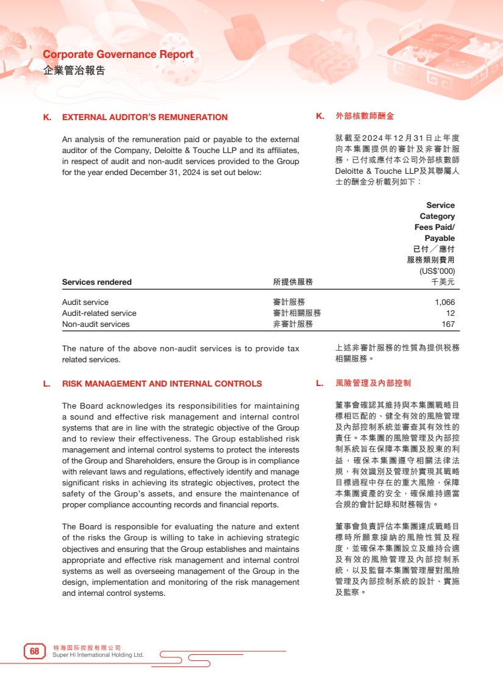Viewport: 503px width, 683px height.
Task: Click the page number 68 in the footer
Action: pos(34,651)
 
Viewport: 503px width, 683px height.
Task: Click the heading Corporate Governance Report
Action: pos(118,54)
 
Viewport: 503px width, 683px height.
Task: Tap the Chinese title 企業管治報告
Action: pos(74,70)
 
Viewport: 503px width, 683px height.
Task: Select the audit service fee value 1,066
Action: pos(444,302)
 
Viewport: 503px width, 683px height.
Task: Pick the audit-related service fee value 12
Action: pos(451,313)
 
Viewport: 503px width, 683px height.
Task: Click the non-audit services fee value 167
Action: pos(448,324)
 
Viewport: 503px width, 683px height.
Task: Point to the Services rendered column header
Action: pos(97,282)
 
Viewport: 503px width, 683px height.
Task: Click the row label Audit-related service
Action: pos(99,313)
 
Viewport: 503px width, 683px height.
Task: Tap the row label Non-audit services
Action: pos(96,324)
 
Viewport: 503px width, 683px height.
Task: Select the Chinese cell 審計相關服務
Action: pos(297,313)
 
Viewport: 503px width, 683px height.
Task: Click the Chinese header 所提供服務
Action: pos(293,282)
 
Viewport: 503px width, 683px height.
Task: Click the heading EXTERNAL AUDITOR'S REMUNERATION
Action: pos(144,118)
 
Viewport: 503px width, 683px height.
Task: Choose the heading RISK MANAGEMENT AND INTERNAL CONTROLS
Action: pos(162,384)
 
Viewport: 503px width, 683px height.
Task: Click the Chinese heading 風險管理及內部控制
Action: pos(373,384)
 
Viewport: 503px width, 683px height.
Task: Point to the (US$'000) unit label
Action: pos(437,271)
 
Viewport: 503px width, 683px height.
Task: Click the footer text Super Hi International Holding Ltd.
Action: pos(98,655)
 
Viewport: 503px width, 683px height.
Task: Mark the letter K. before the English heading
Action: pos(47,118)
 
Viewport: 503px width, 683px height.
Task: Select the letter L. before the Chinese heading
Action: pos(319,384)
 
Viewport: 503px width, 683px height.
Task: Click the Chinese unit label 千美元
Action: pos(443,282)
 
